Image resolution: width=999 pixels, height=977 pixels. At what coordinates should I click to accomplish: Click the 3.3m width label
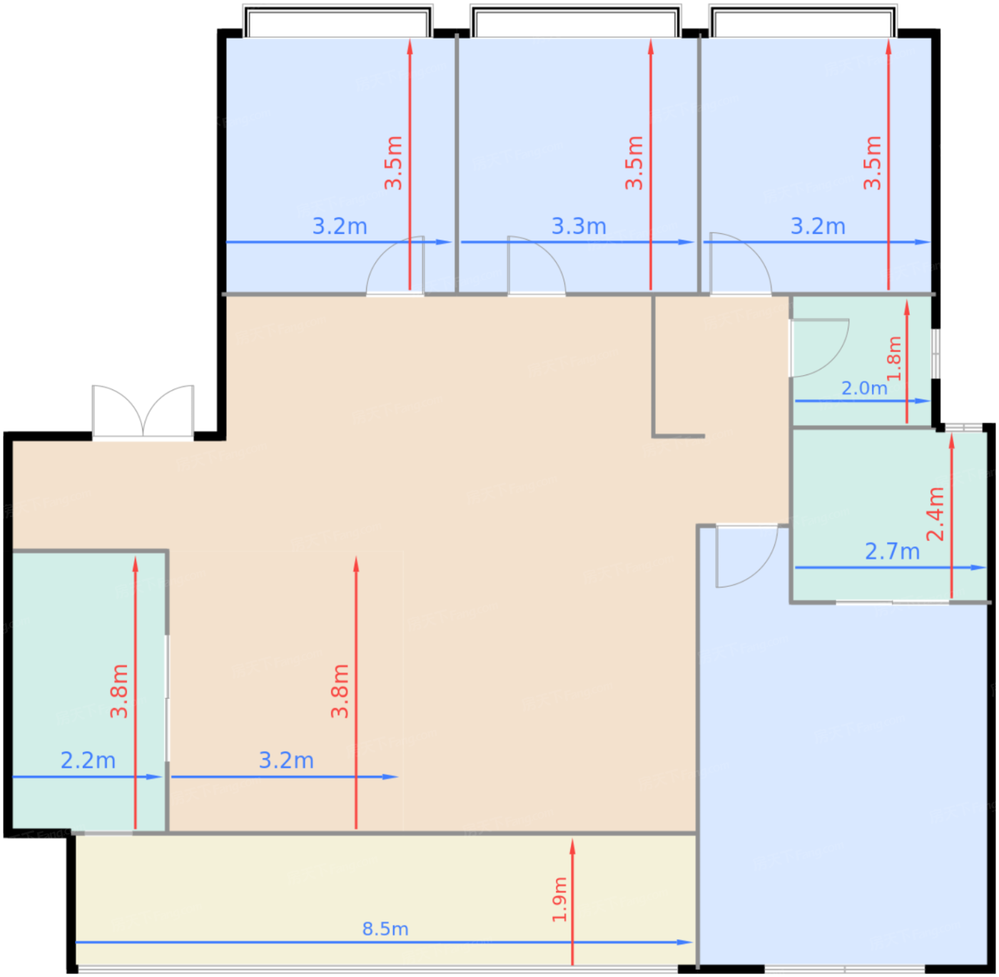[x=579, y=226]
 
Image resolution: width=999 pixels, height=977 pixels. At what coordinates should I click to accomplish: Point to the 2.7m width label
[x=892, y=552]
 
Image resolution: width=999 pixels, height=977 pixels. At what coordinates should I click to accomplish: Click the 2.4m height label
[x=935, y=513]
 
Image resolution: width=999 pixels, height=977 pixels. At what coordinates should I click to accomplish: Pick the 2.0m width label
[x=865, y=389]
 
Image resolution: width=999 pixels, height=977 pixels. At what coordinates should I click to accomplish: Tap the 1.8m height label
[x=894, y=358]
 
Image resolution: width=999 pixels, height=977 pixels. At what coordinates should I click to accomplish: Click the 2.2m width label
[x=88, y=760]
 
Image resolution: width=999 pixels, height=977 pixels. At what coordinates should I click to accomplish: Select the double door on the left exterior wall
[x=143, y=412]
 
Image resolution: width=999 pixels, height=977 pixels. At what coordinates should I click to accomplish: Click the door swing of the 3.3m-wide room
[x=537, y=265]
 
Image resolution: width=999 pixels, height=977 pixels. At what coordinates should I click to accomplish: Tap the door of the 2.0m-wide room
[x=818, y=348]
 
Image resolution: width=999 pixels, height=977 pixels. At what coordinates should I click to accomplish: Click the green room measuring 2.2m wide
[x=88, y=690]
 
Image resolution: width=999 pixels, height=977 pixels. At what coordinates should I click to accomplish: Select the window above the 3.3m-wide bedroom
[x=575, y=21]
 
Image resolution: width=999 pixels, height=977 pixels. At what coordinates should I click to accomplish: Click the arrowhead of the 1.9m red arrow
[x=572, y=847]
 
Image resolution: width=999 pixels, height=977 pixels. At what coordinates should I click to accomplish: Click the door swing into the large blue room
[x=747, y=556]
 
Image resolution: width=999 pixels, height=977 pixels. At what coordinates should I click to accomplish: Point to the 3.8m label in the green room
[x=118, y=690]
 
